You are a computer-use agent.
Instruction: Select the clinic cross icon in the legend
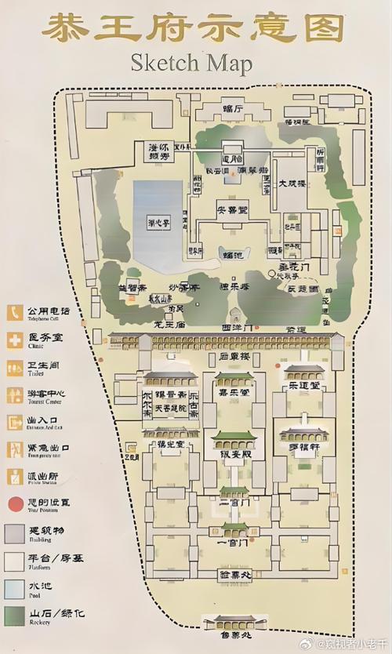(x=14, y=340)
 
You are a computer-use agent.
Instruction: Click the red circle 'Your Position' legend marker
(x=14, y=503)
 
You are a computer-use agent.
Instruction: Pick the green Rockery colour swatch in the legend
(x=14, y=614)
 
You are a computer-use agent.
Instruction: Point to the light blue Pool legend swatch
(x=14, y=586)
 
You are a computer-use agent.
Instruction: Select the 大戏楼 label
(x=292, y=184)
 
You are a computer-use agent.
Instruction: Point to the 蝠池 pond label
(x=232, y=253)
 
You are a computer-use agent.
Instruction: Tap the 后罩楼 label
(x=233, y=358)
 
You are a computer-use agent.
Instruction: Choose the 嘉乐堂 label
(x=233, y=392)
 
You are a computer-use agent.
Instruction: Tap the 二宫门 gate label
(x=233, y=502)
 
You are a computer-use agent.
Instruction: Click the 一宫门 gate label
(x=233, y=542)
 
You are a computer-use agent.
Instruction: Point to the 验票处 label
(x=233, y=575)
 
